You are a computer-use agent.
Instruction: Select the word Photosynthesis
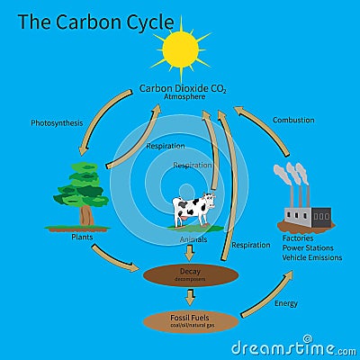(56, 122)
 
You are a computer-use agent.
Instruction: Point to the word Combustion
(293, 120)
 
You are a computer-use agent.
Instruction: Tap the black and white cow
(194, 210)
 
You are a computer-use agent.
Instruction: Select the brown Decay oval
(190, 273)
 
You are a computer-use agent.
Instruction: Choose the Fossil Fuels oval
(190, 319)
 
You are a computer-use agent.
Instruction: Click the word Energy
(285, 303)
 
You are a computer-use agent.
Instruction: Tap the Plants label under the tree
(83, 237)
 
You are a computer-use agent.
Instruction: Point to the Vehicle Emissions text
(311, 257)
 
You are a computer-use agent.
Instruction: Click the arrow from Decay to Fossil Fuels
(190, 297)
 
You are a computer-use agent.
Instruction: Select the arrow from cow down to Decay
(190, 252)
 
